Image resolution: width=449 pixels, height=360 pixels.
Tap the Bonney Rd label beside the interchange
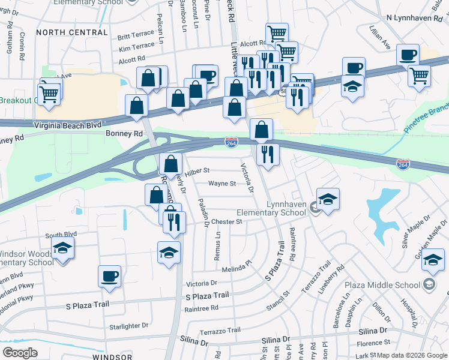click(x=124, y=134)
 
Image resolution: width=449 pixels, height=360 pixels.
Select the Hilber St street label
click(x=196, y=171)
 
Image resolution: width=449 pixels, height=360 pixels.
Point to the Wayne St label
click(x=221, y=184)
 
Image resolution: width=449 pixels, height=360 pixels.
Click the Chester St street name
click(x=226, y=221)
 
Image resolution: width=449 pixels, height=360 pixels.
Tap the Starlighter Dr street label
click(x=127, y=325)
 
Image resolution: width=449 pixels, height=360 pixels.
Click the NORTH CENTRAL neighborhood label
click(x=71, y=32)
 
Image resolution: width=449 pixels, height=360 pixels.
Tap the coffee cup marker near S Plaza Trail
click(x=110, y=276)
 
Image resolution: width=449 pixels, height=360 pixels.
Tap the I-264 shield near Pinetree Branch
click(x=403, y=163)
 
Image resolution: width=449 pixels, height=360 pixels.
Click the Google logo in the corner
click(x=20, y=353)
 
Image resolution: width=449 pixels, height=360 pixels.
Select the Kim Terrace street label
click(x=136, y=47)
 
